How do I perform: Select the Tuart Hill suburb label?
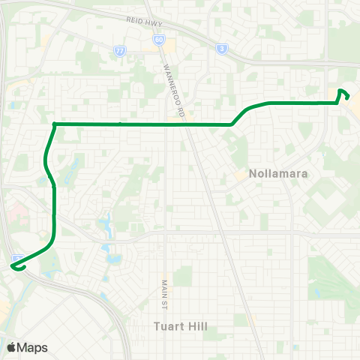[x=180, y=326]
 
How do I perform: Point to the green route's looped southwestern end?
[x=14, y=264]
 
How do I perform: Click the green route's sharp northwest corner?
[x=55, y=124]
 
